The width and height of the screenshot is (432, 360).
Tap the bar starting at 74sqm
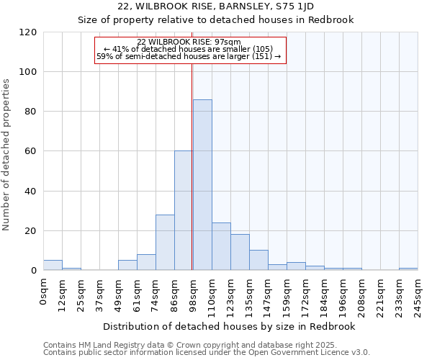(165, 242)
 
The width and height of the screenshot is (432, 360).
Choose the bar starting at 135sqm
(258, 260)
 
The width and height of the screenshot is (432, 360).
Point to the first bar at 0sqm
(53, 265)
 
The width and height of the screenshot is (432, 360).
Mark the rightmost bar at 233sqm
(408, 269)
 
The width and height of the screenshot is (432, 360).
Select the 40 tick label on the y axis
(31, 192)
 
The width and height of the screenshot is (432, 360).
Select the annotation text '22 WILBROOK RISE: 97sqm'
(189, 42)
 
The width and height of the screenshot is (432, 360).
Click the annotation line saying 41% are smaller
(189, 49)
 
